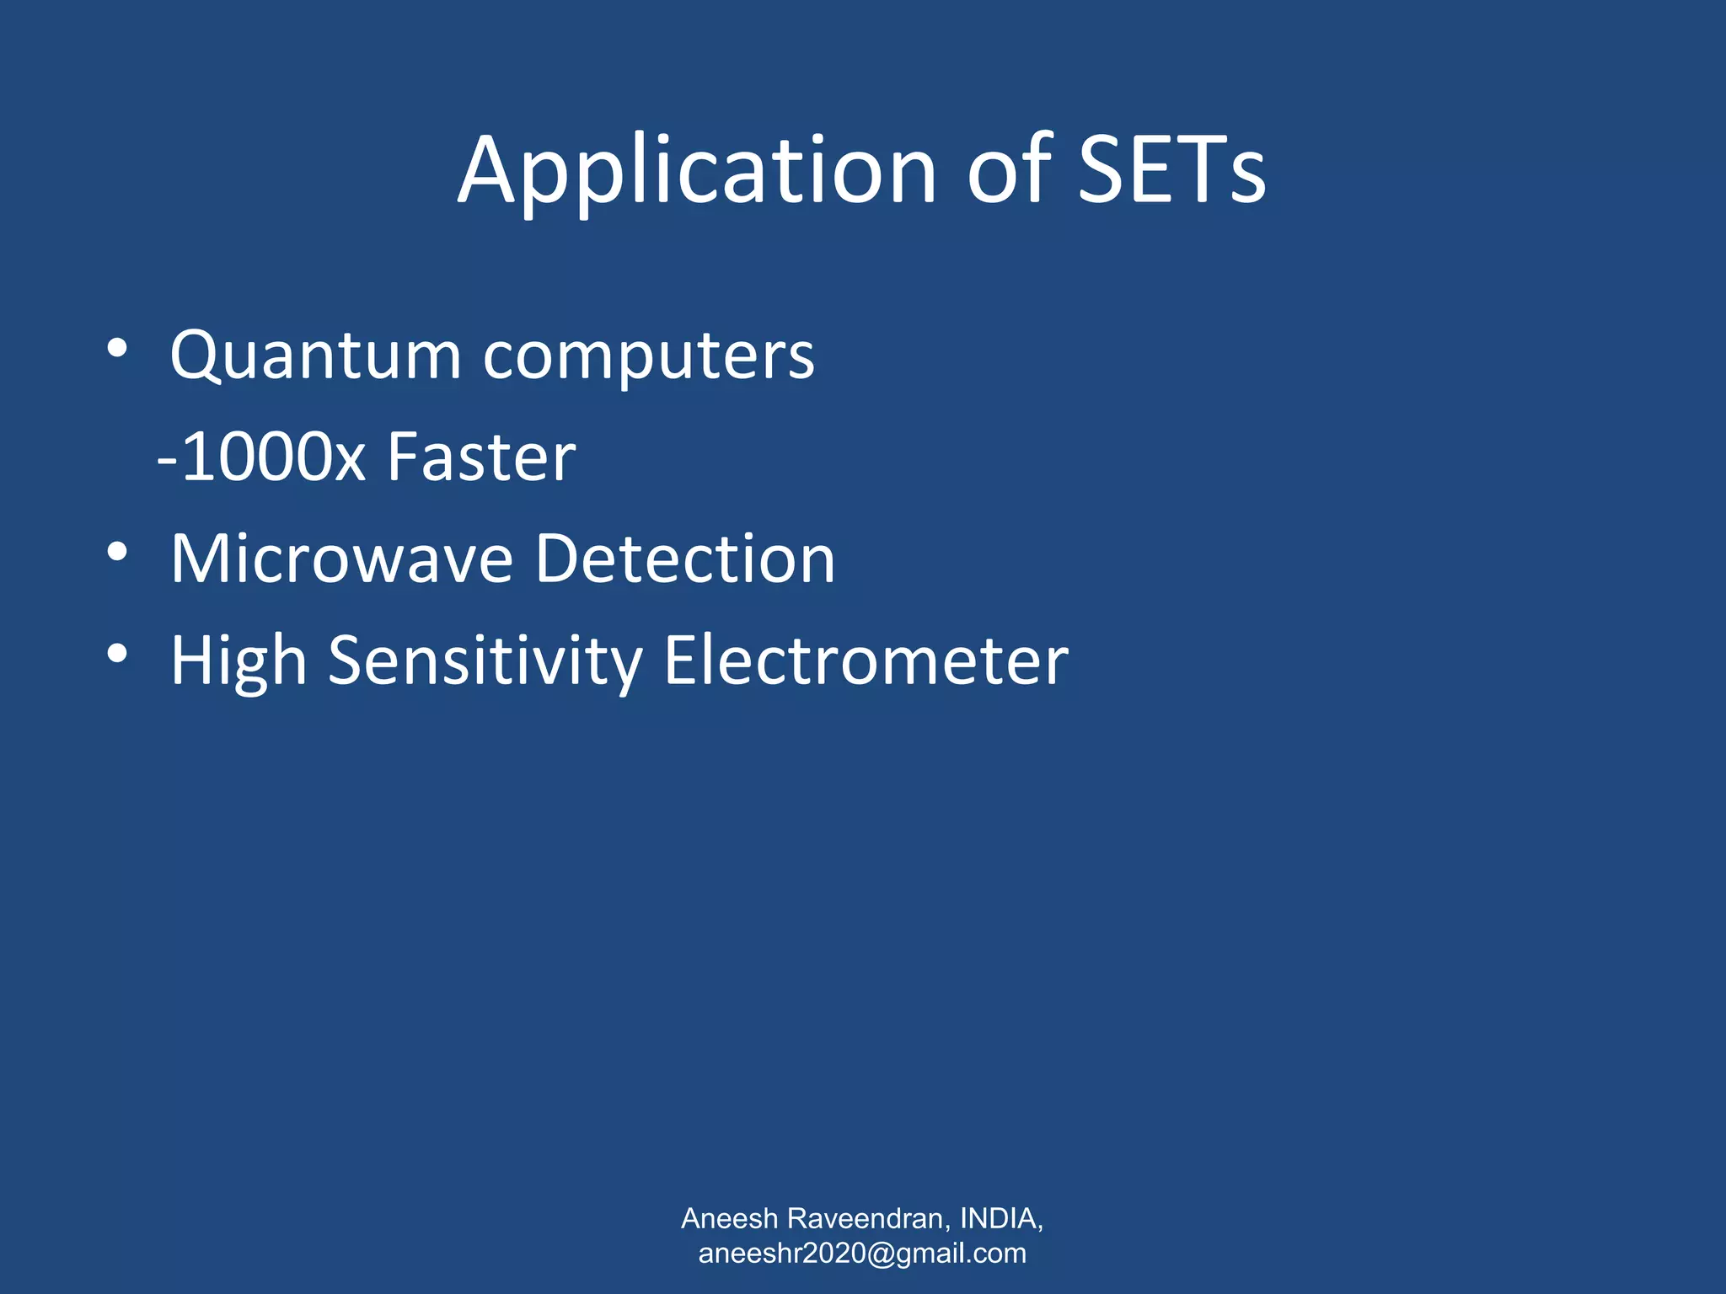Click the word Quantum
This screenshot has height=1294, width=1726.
tap(315, 356)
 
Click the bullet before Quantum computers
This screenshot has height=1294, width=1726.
tap(117, 349)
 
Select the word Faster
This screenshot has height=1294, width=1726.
tap(481, 457)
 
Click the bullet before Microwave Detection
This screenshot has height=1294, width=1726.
tap(117, 553)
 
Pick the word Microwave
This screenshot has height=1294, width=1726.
tap(341, 559)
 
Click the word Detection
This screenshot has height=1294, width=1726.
tap(684, 559)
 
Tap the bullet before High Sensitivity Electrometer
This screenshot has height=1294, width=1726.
tap(117, 654)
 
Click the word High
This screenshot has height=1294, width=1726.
tap(239, 662)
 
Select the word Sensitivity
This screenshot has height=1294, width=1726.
tap(485, 662)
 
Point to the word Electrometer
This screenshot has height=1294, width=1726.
tap(866, 662)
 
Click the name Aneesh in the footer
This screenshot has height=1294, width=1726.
tap(729, 1219)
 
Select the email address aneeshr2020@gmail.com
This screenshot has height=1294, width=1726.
tap(862, 1254)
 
